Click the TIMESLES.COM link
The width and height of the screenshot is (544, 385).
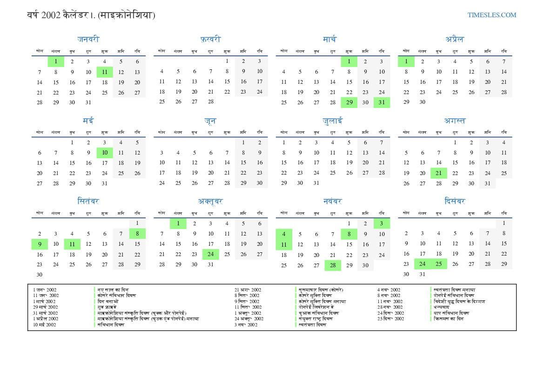(492, 15)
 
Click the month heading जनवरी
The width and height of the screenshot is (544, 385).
(88, 40)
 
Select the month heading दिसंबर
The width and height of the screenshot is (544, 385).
(455, 202)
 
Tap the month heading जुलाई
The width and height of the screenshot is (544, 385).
(333, 121)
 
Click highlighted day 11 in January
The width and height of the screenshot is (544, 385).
(105, 72)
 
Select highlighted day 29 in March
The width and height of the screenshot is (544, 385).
(349, 102)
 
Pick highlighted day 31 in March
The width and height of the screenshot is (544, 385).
(382, 102)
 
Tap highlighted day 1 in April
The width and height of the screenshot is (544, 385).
(406, 61)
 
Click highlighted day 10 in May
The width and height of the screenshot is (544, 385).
(105, 153)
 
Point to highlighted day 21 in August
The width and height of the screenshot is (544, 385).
(438, 173)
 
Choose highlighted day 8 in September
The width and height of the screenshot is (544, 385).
(137, 234)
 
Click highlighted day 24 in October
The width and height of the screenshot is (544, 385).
(210, 254)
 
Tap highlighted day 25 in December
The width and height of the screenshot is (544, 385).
(438, 264)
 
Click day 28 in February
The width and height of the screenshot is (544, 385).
(210, 102)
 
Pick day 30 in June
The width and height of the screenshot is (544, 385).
(260, 183)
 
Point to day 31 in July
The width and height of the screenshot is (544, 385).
(316, 183)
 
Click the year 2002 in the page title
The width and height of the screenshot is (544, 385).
(51, 15)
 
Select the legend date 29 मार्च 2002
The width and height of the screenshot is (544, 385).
(45, 307)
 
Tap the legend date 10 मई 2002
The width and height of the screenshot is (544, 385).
(44, 325)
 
